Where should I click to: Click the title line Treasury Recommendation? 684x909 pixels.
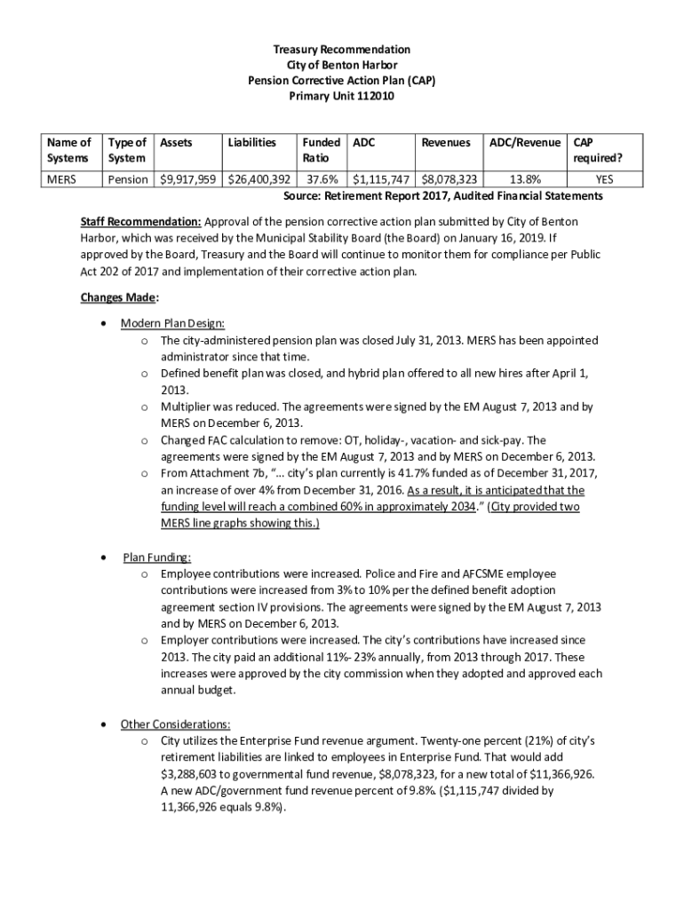(x=342, y=49)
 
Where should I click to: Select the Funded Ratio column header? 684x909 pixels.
(x=319, y=150)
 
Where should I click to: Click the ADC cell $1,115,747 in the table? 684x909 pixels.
(x=383, y=179)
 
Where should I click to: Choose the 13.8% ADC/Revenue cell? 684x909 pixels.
(x=524, y=179)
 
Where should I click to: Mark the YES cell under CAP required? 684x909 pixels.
(x=604, y=179)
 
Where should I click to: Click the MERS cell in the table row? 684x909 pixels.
(x=62, y=179)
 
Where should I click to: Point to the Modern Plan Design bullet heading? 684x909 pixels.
(x=173, y=323)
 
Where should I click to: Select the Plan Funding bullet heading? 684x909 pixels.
(x=157, y=557)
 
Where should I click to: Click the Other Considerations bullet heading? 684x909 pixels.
(x=177, y=723)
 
